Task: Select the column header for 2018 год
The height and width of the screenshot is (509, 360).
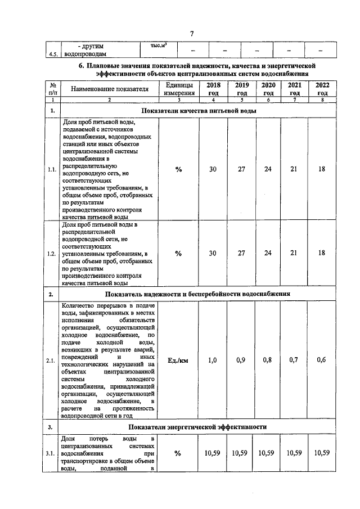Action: (x=214, y=88)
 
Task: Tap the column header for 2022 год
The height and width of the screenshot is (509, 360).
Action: (x=322, y=88)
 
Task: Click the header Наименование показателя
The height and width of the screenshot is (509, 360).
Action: (x=109, y=88)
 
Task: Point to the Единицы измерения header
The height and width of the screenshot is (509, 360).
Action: (x=178, y=88)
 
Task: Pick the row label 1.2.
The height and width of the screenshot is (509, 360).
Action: (x=52, y=254)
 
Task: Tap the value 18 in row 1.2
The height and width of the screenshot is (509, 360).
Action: (x=322, y=253)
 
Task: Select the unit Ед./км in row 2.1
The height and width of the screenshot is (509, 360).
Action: (x=178, y=360)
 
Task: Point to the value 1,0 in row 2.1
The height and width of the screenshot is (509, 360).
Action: (x=214, y=360)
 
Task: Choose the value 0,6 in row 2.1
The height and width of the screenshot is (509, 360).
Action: (x=322, y=360)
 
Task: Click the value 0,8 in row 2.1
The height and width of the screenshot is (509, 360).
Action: (x=268, y=360)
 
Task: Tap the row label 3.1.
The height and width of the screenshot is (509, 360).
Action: (x=52, y=453)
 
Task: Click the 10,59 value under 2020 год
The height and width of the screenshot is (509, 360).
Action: (x=268, y=453)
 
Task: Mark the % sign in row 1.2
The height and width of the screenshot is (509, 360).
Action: (x=178, y=254)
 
